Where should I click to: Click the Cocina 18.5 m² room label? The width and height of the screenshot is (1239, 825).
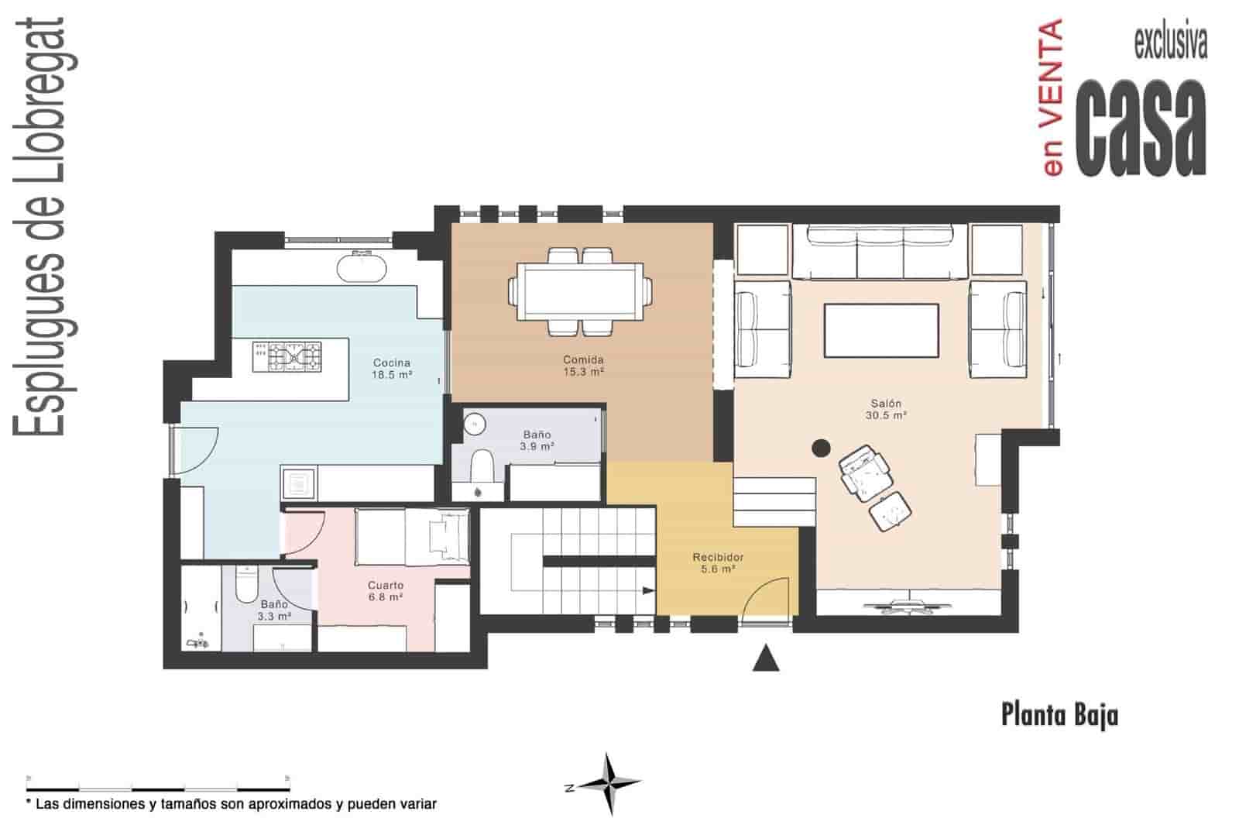(x=392, y=368)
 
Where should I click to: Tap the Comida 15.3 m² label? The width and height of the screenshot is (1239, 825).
(x=583, y=366)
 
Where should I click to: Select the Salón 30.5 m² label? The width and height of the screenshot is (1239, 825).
(x=886, y=409)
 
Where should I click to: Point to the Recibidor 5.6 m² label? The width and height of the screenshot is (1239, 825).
(x=718, y=562)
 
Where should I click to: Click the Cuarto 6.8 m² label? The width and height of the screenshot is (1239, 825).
(x=385, y=591)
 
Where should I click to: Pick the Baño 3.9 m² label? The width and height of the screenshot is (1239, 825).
(x=537, y=441)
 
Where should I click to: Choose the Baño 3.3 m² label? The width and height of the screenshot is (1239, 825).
(x=274, y=610)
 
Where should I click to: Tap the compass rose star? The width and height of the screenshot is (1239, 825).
(x=610, y=784)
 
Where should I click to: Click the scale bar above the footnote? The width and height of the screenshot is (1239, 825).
(x=158, y=777)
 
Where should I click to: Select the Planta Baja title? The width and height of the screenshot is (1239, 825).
(x=1059, y=714)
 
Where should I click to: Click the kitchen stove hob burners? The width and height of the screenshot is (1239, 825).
(x=287, y=357)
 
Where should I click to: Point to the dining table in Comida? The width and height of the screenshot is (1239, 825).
(x=579, y=290)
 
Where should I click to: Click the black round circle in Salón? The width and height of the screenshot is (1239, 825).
(x=821, y=447)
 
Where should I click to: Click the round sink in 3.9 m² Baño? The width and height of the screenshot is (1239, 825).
(x=474, y=424)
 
